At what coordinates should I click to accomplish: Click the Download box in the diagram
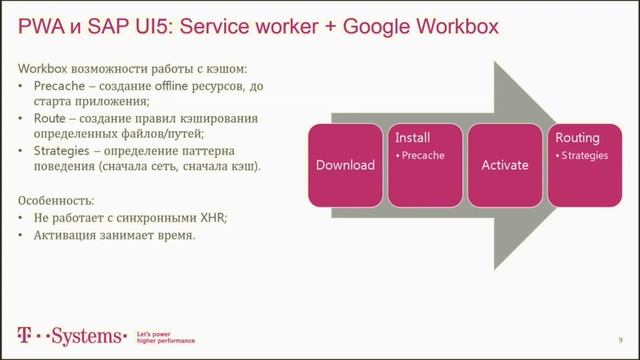click(x=345, y=165)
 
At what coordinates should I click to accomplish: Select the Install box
click(x=425, y=165)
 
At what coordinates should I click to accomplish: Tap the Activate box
click(x=504, y=165)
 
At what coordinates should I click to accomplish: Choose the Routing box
click(x=583, y=165)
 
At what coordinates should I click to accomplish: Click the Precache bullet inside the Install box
click(x=423, y=156)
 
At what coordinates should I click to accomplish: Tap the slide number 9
click(x=621, y=339)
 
